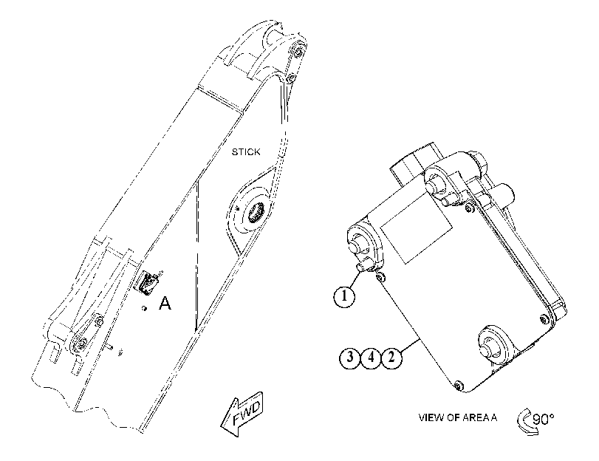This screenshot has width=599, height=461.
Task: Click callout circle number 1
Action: click(345, 296)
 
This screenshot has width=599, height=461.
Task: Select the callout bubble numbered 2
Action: click(391, 358)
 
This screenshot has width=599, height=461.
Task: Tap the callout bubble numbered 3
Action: click(350, 358)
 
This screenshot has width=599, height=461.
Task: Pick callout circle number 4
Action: click(371, 358)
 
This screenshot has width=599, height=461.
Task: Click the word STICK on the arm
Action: click(246, 152)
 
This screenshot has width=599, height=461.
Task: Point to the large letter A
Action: click(165, 303)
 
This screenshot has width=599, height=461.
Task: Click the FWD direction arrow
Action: click(242, 414)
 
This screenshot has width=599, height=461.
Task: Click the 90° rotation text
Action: click(543, 420)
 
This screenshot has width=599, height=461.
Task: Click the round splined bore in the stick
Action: click(255, 212)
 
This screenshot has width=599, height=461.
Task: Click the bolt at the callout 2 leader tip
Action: click(380, 278)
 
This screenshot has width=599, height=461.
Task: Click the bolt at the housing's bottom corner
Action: click(459, 386)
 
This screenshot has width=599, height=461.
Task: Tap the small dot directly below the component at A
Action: click(145, 308)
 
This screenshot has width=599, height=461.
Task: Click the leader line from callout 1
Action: click(355, 279)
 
